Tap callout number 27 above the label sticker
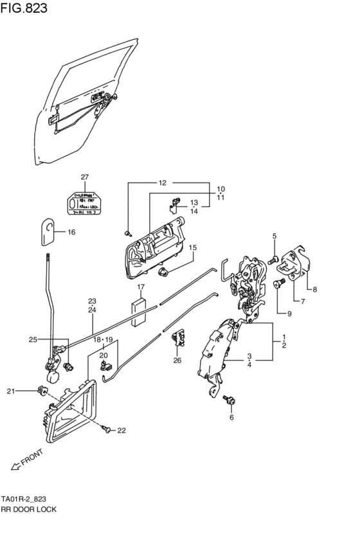point(84,177)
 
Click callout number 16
point(71,232)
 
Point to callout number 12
point(162,183)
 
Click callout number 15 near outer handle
point(192,247)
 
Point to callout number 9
point(289,314)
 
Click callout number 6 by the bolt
point(232,417)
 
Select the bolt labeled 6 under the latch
point(228,401)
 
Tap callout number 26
point(177,360)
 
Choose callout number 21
point(10,391)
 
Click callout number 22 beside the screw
point(121,430)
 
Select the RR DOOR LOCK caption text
point(28,509)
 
